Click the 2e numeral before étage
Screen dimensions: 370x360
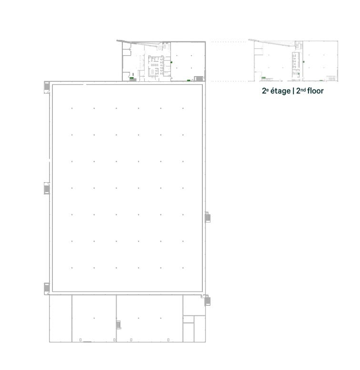[x=265, y=90]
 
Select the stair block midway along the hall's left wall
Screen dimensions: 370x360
[x=47, y=189]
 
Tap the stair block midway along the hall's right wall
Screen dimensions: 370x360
[x=208, y=217]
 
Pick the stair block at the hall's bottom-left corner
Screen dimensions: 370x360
[x=47, y=288]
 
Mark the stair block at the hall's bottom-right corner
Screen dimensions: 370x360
[x=207, y=300]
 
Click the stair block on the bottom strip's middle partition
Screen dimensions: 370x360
[x=119, y=325]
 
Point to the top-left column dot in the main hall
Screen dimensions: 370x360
[x=72, y=108]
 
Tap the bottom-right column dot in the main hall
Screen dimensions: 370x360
[x=183, y=268]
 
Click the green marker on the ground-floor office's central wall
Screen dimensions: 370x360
[x=172, y=62]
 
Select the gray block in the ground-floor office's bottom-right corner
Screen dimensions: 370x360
[x=199, y=78]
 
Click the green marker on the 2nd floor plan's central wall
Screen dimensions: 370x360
[x=303, y=61]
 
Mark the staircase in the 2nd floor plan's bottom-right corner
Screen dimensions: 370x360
[x=331, y=78]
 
